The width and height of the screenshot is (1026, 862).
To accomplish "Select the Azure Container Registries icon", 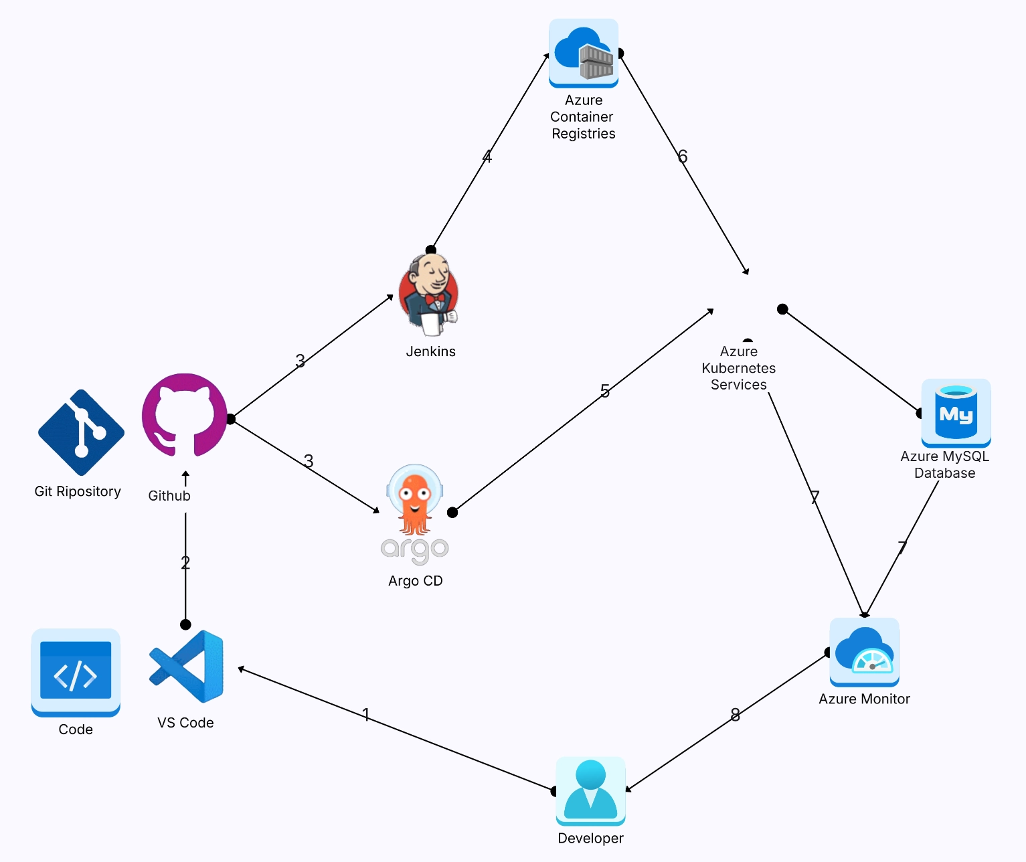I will pos(584,54).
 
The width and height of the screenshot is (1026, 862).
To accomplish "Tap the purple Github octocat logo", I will pos(185,415).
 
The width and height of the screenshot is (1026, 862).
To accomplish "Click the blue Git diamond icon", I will pos(81,432).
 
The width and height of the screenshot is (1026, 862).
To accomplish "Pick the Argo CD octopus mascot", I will pos(415,502).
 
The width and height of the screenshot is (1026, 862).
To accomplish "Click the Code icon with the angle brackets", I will pos(76,673).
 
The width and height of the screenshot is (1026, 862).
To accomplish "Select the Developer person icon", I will pos(590,791).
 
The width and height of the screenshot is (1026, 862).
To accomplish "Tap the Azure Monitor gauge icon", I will pos(864,652).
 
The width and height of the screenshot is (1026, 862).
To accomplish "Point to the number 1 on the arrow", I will pos(365,714).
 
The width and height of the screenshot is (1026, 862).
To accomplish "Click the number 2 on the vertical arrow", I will pos(185,563).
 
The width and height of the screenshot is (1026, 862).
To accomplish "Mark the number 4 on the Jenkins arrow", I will pos(487,157).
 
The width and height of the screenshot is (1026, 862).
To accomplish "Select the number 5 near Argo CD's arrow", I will pos(605,391).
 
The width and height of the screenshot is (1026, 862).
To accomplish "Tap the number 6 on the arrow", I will pos(683,156).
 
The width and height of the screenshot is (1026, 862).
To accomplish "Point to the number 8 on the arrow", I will pos(735,715).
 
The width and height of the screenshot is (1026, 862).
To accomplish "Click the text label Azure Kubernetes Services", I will pos(739,368).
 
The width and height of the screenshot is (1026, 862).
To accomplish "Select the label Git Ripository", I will pos(78,491).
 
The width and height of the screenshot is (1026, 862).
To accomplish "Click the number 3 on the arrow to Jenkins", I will pos(301,361).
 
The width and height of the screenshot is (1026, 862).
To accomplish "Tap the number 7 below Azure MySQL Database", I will pos(902,547).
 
